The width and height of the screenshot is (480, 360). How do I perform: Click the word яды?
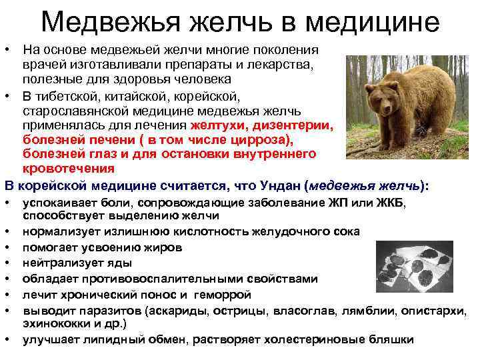click(x=121, y=263)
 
